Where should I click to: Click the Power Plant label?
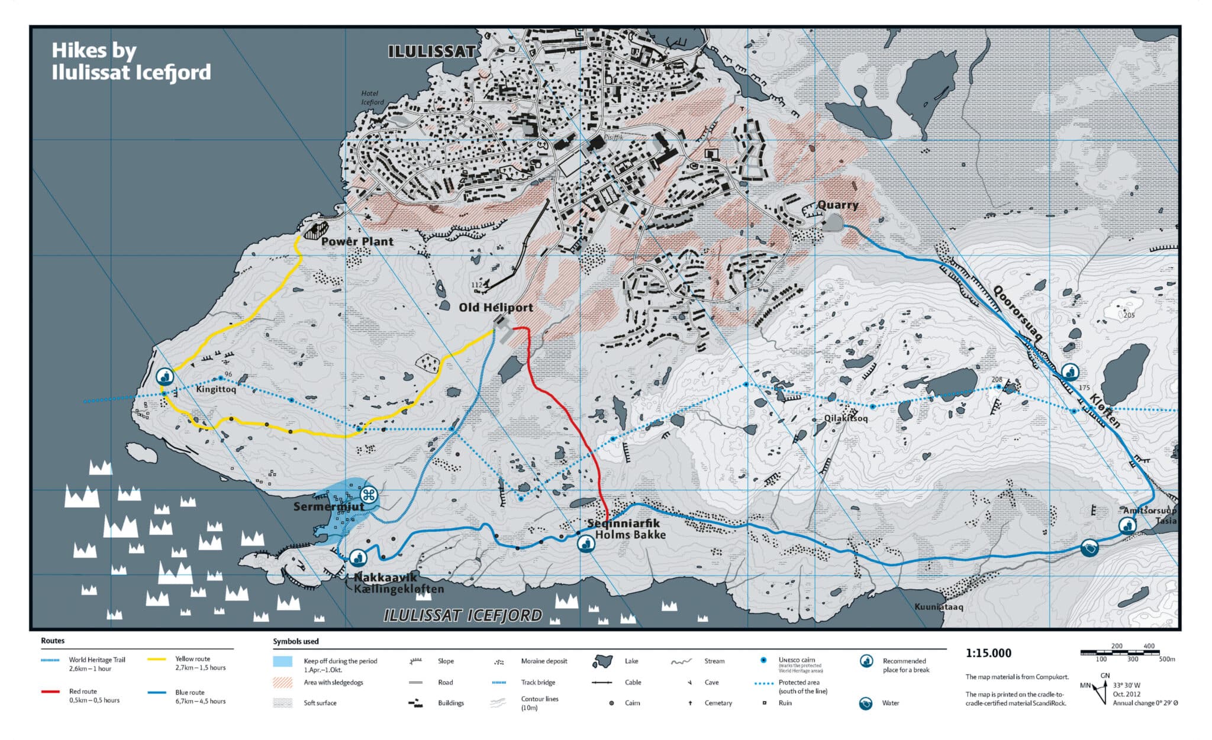(x=357, y=242)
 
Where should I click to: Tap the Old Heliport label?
(x=495, y=308)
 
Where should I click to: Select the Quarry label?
(x=837, y=205)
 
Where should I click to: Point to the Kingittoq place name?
(x=216, y=389)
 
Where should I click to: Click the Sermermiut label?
(x=328, y=507)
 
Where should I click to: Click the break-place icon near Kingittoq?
(x=165, y=376)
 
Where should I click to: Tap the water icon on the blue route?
(x=1089, y=548)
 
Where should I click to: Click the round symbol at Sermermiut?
(x=369, y=495)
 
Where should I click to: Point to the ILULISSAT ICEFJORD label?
(x=463, y=616)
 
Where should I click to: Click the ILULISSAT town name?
(x=431, y=52)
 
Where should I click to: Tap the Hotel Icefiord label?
(x=372, y=98)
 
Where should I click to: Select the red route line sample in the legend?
(x=50, y=691)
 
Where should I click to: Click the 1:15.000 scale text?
(x=988, y=654)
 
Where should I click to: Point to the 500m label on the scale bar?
(x=1167, y=659)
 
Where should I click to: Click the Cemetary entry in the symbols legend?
(x=718, y=703)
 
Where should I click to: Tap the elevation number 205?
(x=1129, y=315)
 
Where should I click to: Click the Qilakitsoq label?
(x=846, y=418)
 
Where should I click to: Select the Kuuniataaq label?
(x=939, y=607)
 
